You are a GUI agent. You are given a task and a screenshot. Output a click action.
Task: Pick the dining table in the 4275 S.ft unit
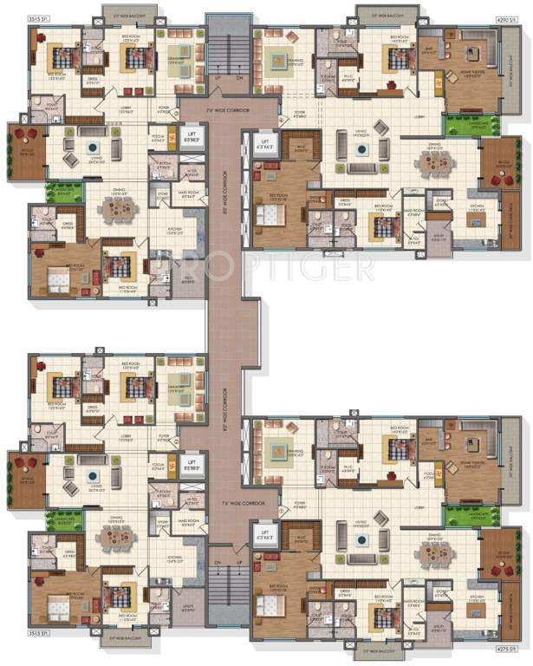429,554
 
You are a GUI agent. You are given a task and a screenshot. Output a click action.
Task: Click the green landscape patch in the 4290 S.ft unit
461,125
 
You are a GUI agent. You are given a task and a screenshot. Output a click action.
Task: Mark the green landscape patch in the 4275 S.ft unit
461,514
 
